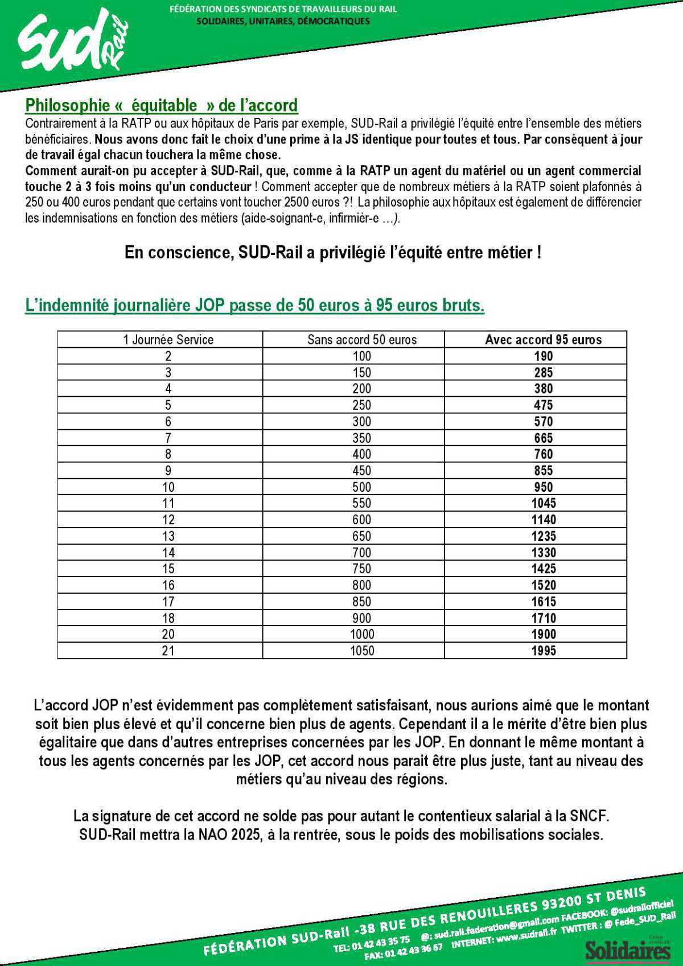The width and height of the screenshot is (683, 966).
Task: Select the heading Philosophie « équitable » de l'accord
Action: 162,105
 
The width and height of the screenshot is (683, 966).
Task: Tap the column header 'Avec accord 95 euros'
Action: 543,340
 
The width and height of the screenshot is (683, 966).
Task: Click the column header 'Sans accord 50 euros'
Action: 362,340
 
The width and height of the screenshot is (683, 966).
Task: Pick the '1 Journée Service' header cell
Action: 168,340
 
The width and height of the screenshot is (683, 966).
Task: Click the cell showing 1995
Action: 543,651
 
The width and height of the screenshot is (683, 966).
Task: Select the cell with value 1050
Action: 362,651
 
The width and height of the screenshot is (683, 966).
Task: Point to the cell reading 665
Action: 543,438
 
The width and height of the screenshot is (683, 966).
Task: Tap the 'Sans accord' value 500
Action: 362,487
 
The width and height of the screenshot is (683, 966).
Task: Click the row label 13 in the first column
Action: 168,536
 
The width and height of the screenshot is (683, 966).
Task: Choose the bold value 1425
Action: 543,569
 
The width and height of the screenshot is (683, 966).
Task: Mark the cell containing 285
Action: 543,373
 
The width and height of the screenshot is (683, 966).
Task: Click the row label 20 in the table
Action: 168,634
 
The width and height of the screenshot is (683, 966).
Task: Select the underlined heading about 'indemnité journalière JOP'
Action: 254,306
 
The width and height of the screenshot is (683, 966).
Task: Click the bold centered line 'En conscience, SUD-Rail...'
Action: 333,253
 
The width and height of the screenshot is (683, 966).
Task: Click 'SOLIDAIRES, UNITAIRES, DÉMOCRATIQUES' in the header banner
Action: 283,22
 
